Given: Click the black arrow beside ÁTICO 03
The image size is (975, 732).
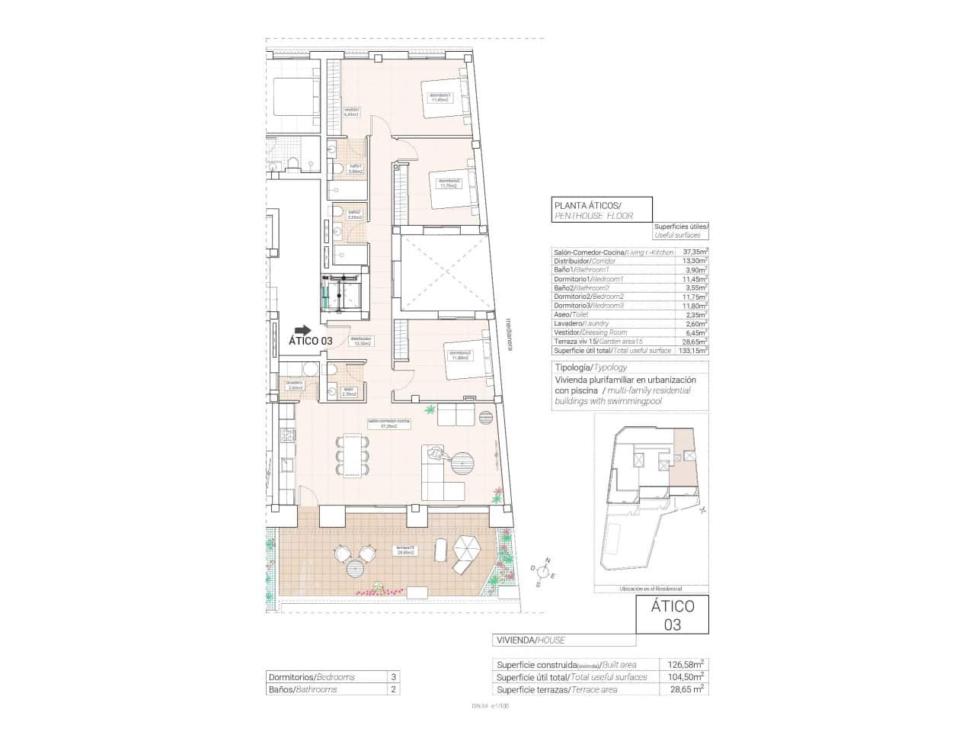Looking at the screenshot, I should (303, 330).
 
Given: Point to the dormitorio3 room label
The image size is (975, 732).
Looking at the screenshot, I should (460, 355).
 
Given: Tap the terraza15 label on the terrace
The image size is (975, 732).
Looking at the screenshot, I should (404, 550).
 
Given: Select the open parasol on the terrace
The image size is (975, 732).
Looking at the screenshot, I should (466, 546).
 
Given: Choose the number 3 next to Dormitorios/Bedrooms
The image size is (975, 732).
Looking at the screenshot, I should (393, 676).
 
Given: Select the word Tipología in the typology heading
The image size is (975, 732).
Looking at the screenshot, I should (574, 367).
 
